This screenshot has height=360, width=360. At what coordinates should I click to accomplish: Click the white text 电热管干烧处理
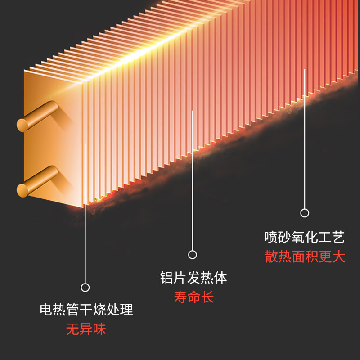coord(86,310)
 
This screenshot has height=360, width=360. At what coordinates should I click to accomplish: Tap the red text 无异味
coord(86,329)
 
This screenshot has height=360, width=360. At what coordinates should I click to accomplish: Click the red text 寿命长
coord(193,297)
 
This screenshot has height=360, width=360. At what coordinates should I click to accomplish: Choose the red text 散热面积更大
coord(305,256)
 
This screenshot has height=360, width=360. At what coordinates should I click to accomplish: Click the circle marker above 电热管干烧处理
coord(85,287)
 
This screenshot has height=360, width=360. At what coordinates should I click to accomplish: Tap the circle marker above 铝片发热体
coord(193,255)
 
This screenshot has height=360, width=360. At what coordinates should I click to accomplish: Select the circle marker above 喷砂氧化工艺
coord(305,213)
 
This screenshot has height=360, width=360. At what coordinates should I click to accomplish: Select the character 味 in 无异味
coord(99,329)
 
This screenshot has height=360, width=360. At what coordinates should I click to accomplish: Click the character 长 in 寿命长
coord(207,297)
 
